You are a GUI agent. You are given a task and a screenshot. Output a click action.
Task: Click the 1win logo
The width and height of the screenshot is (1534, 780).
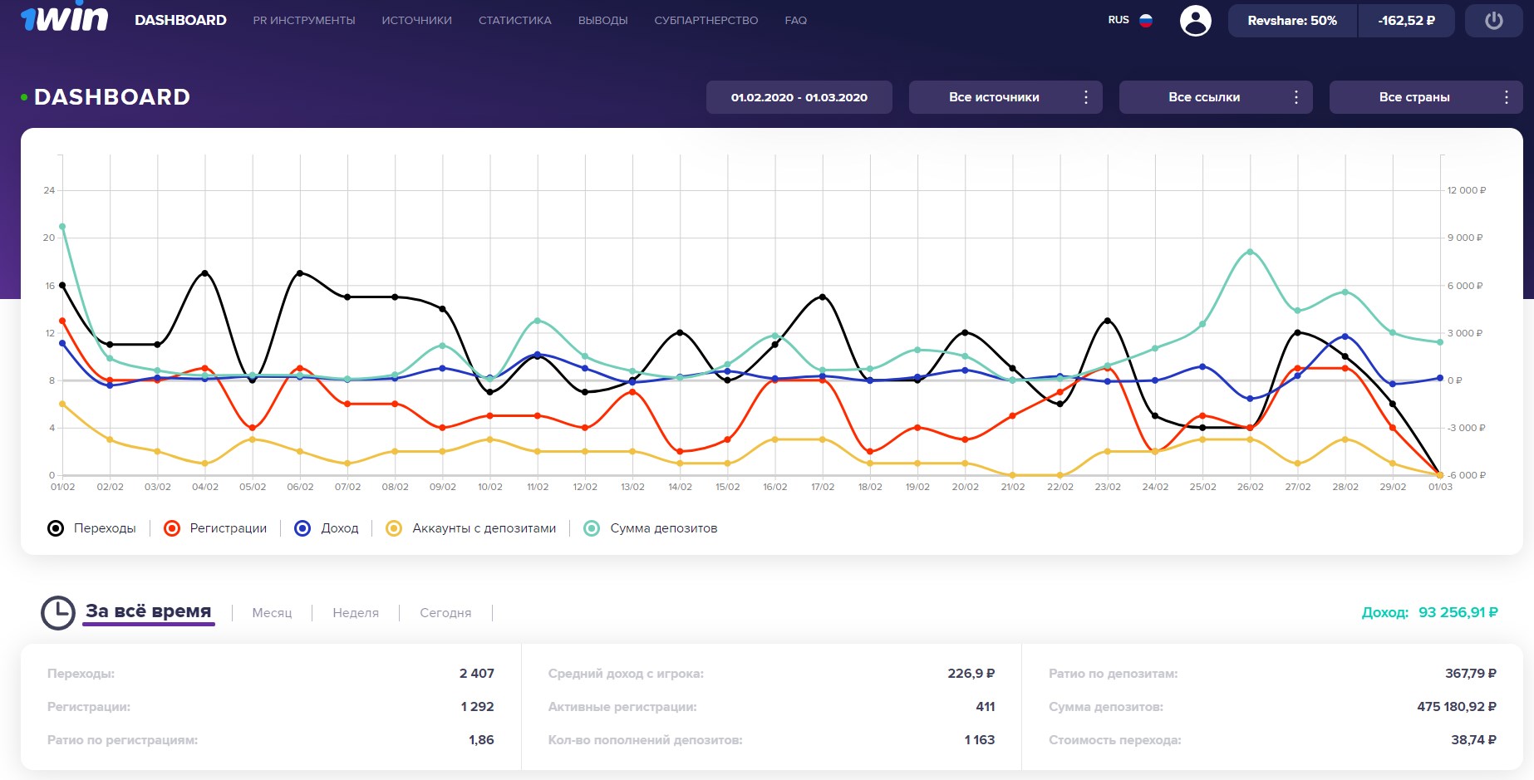coord(64,18)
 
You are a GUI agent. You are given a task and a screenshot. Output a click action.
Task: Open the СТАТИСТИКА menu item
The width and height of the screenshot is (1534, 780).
coord(514,21)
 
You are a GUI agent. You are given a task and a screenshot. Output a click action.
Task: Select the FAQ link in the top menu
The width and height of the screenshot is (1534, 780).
coord(795,21)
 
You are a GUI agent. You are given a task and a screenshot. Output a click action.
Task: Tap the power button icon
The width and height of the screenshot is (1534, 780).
coord(1493,21)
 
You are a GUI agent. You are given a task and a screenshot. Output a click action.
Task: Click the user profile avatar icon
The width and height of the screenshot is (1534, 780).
coord(1195,21)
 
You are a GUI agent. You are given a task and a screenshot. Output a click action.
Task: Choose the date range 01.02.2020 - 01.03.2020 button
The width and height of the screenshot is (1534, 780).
coord(799,97)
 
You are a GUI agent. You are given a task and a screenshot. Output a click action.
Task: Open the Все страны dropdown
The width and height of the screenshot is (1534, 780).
coord(1425,97)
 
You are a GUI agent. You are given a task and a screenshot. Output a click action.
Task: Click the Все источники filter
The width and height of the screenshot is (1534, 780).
coord(1005,97)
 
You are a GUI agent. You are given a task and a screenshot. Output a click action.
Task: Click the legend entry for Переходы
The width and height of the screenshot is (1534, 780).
coord(92,528)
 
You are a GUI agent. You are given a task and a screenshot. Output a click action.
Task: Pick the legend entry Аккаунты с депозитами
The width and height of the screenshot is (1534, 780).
coord(471,528)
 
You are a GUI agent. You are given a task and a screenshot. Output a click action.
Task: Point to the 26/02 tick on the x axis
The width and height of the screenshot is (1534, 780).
coord(1250,487)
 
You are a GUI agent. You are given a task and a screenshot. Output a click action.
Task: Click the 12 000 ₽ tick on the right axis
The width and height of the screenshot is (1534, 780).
coord(1466,190)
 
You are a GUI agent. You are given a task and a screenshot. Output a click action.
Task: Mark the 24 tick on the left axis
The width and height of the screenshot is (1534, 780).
coord(49,190)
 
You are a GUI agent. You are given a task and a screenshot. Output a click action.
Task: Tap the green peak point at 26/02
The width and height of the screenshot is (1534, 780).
coord(1250,252)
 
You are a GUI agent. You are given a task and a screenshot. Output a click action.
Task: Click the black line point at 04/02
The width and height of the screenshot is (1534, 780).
coord(205,273)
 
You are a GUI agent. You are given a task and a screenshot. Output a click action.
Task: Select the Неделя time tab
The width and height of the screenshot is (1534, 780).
coord(355,613)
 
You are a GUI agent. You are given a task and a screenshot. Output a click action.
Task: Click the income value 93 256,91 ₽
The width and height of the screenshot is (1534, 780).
coord(1458,612)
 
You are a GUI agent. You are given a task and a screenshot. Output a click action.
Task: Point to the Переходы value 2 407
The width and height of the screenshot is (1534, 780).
coord(476,674)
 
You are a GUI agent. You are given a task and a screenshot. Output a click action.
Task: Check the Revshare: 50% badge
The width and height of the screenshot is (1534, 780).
coord(1291,21)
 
